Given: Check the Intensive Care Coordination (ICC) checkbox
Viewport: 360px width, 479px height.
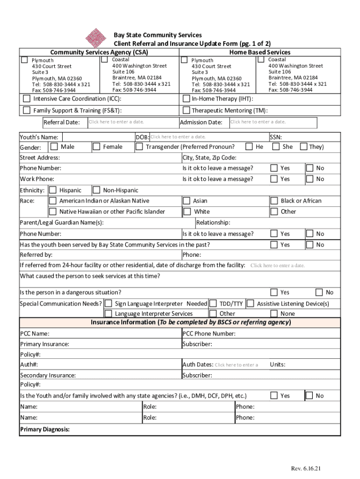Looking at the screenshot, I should click(27, 99).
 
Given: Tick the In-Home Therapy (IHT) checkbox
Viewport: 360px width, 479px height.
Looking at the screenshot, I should click(186, 99).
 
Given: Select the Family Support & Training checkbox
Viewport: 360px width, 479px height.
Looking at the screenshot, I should click(27, 110).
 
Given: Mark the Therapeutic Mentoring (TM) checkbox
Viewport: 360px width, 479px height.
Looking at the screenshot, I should click(186, 110).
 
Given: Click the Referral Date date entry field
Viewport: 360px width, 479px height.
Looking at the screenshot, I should click(116, 122).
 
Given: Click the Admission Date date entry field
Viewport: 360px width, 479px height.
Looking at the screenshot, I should click(258, 122).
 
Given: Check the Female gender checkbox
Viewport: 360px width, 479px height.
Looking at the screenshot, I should click(96, 147).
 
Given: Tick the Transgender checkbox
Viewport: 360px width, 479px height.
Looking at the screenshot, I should click(139, 147).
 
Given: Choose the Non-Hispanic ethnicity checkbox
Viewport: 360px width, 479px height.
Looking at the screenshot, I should click(96, 190).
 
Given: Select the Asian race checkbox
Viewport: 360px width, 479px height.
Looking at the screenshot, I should click(187, 201).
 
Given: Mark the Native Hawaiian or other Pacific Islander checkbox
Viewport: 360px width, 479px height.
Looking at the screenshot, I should click(53, 211).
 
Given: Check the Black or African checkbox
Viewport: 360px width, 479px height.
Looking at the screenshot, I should click(274, 201).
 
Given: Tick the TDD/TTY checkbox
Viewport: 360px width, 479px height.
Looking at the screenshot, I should click(213, 304).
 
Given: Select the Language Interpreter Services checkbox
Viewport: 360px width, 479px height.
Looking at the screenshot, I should click(108, 313).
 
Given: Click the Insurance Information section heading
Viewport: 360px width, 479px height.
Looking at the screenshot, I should click(190, 322).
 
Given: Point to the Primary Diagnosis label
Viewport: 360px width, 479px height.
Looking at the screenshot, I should click(45, 429).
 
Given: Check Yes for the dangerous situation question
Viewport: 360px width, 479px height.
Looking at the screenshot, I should click(274, 292).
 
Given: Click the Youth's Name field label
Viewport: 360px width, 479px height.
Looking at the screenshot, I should click(39, 137).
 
